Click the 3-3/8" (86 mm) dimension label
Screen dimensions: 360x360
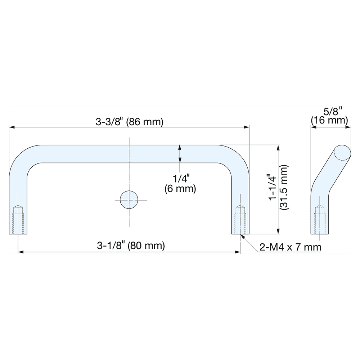[130, 122]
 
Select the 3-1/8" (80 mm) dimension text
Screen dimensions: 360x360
[131, 246]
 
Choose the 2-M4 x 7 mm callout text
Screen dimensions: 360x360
[290, 247]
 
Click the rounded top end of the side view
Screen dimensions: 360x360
[342, 152]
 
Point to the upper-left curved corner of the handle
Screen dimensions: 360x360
[20, 157]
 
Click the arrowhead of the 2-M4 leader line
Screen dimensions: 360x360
[242, 236]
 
